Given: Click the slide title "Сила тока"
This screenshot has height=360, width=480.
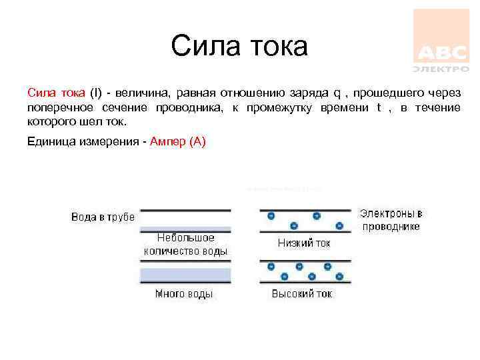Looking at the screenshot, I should [x=239, y=47].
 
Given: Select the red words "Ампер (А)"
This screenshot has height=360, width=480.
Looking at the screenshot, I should [x=179, y=141].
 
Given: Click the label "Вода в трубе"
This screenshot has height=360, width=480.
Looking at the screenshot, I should [x=103, y=217].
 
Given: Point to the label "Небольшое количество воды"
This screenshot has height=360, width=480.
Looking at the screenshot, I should [x=186, y=245].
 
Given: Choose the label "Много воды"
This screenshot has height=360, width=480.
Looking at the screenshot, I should [x=184, y=293].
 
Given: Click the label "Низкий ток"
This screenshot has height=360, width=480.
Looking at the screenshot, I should [x=304, y=243].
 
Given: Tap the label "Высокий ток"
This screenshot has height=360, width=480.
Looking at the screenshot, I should [x=302, y=293].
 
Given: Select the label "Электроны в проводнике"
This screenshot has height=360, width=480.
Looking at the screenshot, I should [x=391, y=220].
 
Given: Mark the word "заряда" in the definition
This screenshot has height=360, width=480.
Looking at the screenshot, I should [x=310, y=93].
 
